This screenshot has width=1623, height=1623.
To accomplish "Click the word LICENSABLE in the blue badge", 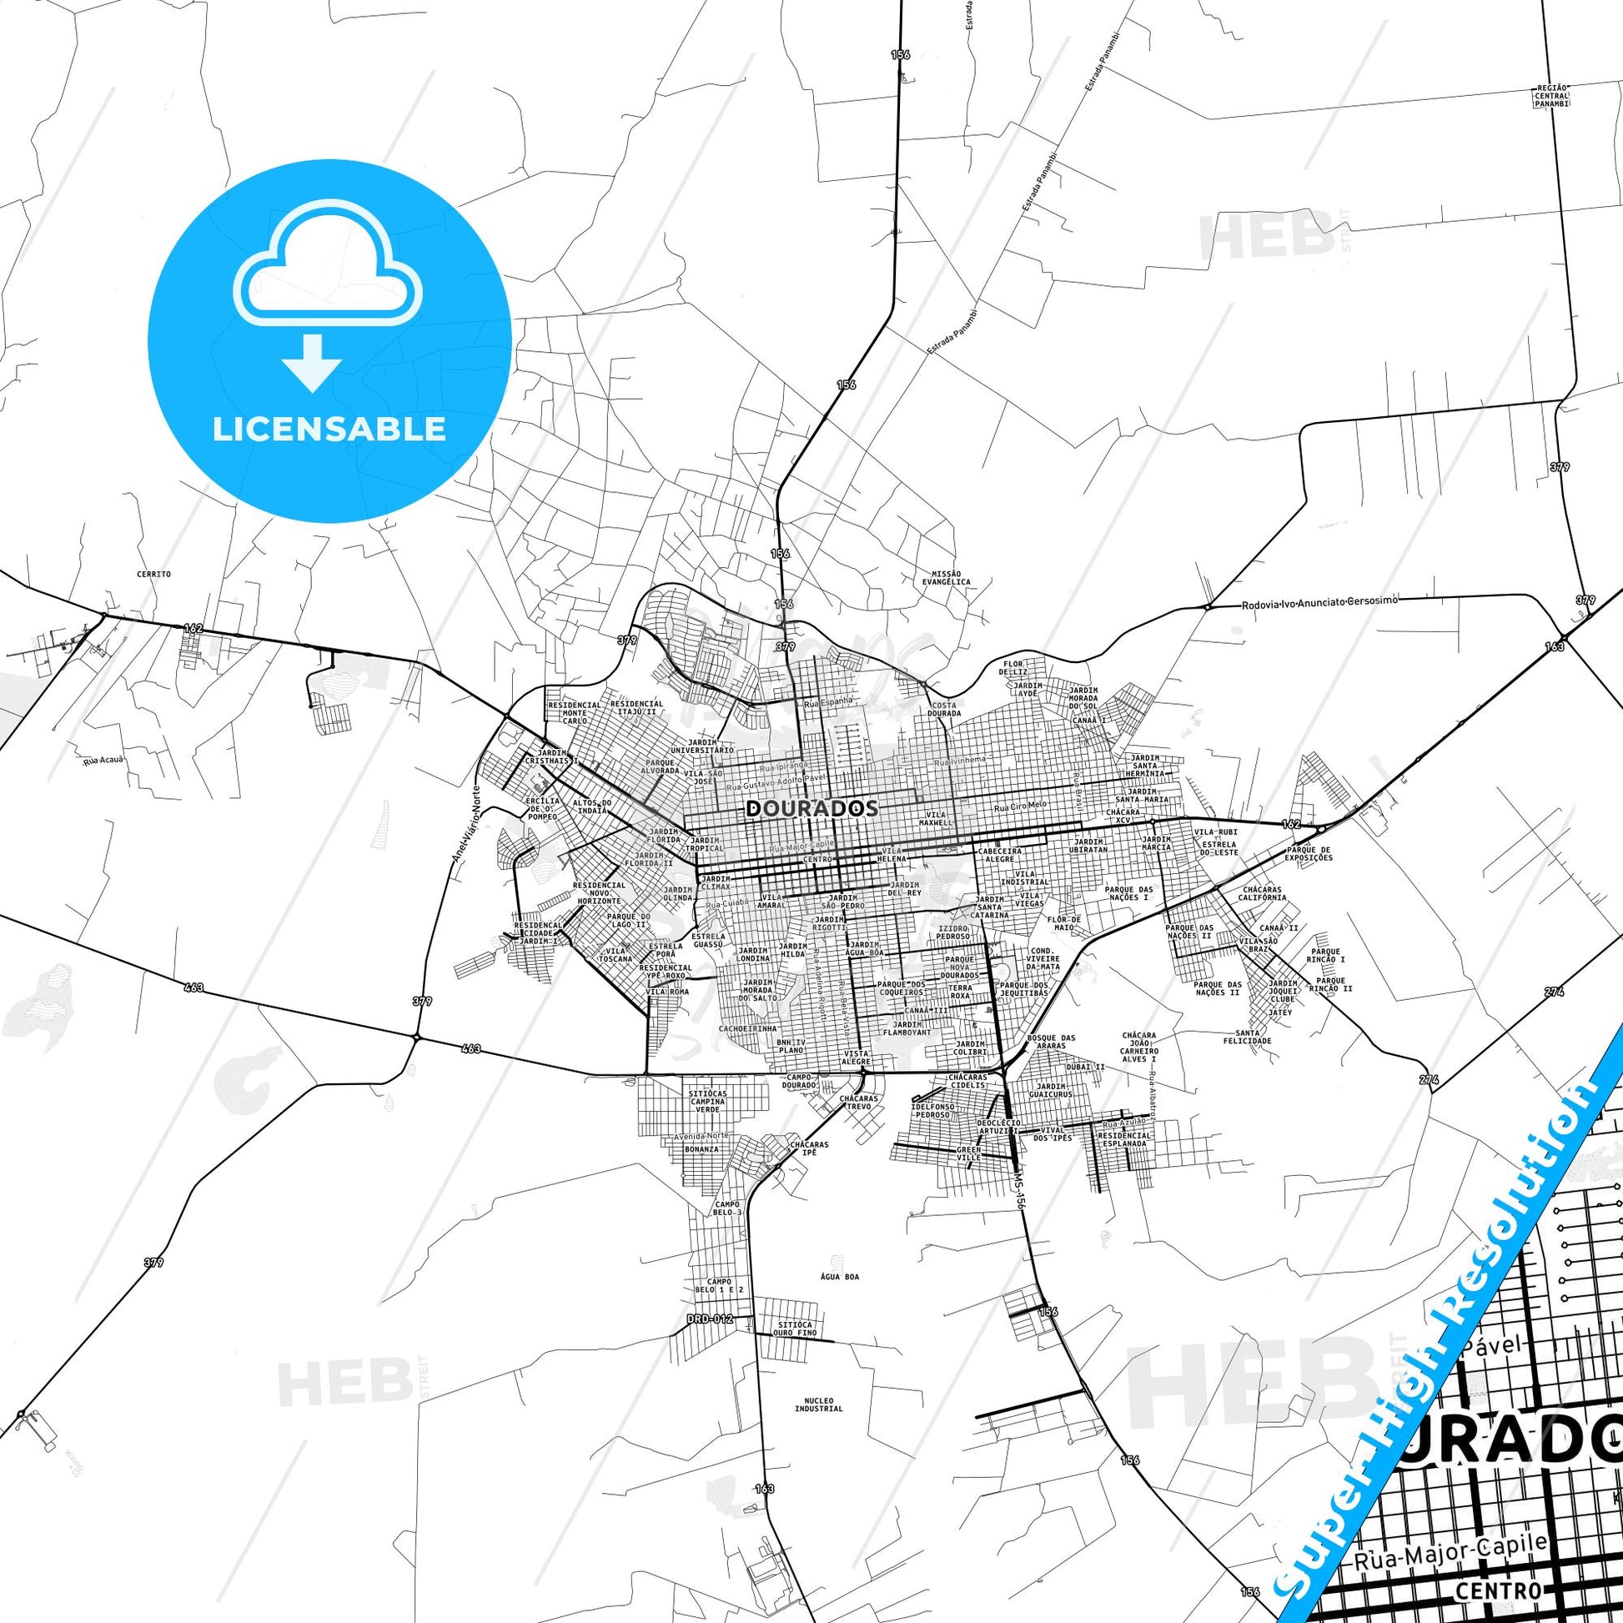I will [x=329, y=429].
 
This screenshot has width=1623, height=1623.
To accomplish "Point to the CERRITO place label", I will [x=153, y=574].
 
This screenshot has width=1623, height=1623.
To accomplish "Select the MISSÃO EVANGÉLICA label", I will [x=946, y=576].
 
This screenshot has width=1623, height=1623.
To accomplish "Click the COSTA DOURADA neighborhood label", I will [x=945, y=709].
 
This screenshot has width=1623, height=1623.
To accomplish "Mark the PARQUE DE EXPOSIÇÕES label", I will [x=1309, y=854].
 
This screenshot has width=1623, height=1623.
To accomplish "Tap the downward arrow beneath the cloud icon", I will [x=312, y=363].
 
